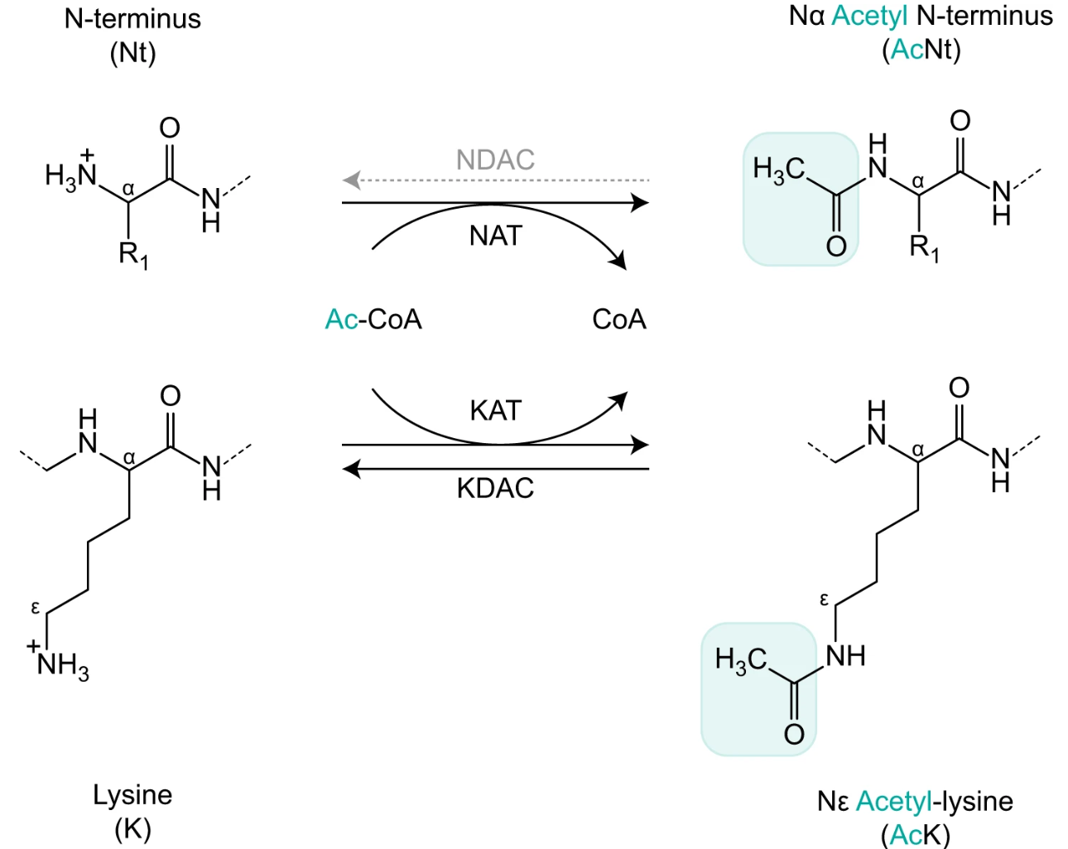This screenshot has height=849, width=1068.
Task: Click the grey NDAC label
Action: coord(495,160)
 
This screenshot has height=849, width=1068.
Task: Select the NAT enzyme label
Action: coord(495,236)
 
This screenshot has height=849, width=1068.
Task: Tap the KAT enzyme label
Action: coord(495,410)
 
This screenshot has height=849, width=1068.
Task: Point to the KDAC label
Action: coord(495,488)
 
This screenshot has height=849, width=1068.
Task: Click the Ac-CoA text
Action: coord(373,320)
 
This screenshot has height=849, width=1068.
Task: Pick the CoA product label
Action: coord(618,320)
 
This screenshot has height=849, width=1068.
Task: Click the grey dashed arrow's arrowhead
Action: coord(351,179)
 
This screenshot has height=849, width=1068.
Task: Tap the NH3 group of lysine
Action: coord(61,664)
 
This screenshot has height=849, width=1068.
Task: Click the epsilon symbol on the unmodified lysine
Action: coord(35,608)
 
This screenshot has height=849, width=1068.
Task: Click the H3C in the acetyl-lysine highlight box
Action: coord(741,660)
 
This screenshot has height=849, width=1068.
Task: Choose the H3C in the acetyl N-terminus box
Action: coord(778,170)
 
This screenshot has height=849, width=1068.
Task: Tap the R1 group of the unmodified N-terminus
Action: coord(132,254)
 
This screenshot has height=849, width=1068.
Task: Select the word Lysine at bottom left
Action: coord(132,795)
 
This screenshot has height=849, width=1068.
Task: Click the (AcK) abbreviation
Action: coord(915,834)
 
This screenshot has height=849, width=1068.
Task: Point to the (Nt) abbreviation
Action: coord(132,53)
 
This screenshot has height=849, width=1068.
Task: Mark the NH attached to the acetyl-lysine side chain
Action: coord(845,655)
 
